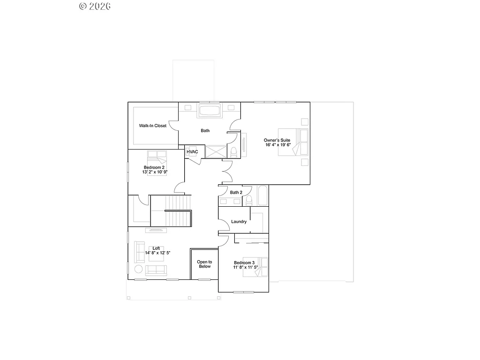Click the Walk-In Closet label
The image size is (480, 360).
[x=152, y=126]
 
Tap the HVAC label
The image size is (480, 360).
[x=192, y=152]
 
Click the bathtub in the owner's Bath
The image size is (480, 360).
[x=210, y=112]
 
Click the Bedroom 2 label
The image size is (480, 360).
[x=154, y=167]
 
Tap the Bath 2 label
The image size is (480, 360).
[x=236, y=192]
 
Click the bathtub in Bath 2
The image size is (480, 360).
[x=262, y=196]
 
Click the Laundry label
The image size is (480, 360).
[x=239, y=222]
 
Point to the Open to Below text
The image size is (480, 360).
[x=204, y=264]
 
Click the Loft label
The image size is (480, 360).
[x=156, y=248]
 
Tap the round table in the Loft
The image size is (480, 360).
[x=139, y=269]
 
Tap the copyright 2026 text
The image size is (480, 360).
[x=95, y=6]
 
